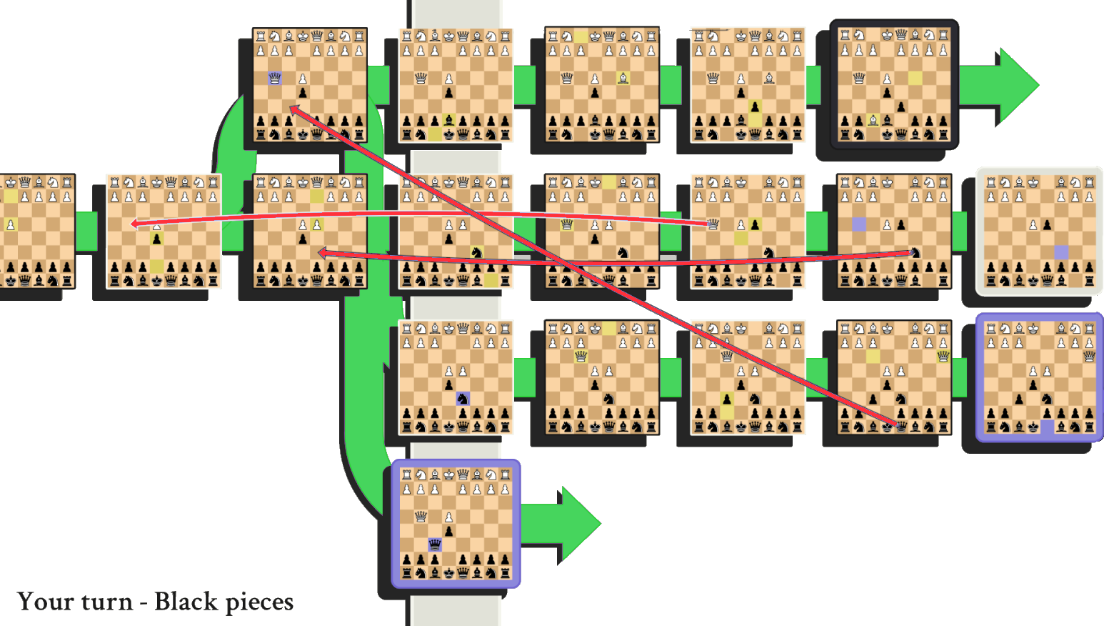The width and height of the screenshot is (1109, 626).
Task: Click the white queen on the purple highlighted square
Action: point(275,78)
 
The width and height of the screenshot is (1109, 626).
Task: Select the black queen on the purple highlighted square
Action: point(435,545)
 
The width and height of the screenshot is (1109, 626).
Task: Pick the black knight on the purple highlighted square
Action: point(463,398)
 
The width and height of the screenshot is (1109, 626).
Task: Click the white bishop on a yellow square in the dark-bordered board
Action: point(873,120)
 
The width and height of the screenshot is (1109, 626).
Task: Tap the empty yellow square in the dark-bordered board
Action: point(915,78)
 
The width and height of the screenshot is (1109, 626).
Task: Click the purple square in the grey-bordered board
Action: point(1061,252)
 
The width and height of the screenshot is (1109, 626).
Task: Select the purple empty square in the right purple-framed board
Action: point(1047,427)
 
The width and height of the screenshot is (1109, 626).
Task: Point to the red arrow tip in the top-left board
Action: point(291,108)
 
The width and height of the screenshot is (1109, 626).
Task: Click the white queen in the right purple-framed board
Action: point(1089,356)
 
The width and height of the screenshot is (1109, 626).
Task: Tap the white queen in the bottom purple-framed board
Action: point(421,516)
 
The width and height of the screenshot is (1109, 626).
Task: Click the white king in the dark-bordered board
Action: point(887,35)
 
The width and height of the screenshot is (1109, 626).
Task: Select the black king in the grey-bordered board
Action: point(1033,281)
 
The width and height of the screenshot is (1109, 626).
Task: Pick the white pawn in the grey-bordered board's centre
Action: point(1033,224)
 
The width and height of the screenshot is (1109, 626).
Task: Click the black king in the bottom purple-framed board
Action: point(448,572)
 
